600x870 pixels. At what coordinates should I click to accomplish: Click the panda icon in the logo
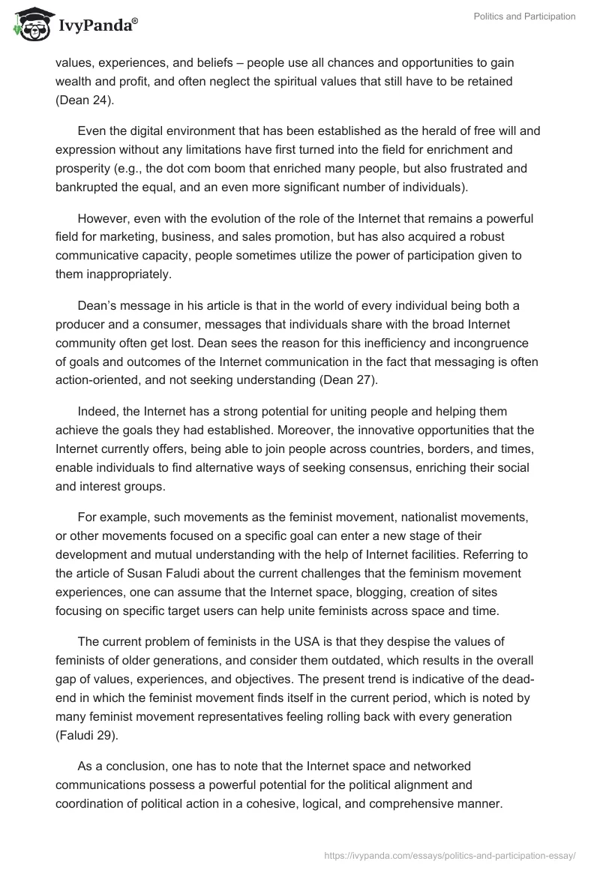[x=28, y=27]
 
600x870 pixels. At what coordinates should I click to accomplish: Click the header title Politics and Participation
[x=524, y=16]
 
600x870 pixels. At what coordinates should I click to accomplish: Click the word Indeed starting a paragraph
[x=96, y=412]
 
